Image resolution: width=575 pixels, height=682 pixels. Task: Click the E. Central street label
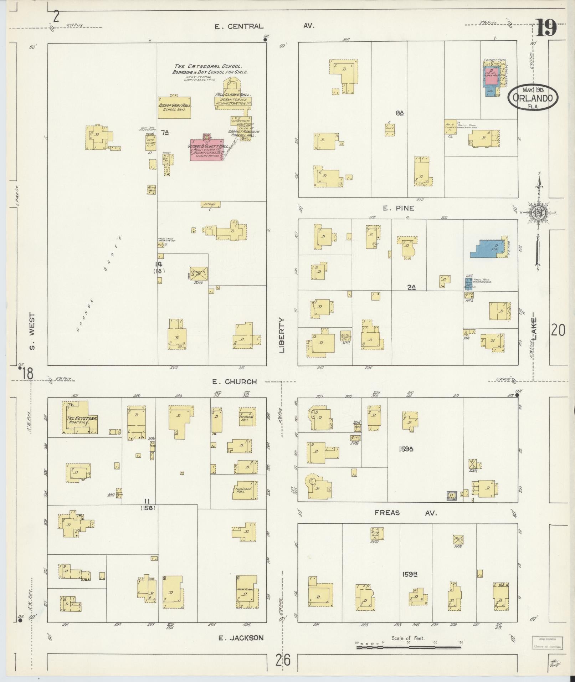[x=239, y=26]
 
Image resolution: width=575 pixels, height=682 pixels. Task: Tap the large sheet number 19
[x=546, y=28]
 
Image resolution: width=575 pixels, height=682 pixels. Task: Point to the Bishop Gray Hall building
[x=174, y=107]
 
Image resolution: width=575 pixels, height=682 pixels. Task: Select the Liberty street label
[x=282, y=335]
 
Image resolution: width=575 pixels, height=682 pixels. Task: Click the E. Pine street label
[x=399, y=208]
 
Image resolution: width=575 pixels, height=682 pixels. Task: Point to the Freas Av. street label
[x=405, y=513]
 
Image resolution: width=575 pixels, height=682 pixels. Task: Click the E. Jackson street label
[x=241, y=638]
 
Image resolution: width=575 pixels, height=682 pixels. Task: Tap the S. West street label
[x=32, y=331]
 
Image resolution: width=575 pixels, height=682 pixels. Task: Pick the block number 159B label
[x=410, y=574]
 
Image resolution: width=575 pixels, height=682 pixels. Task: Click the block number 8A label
[x=400, y=113]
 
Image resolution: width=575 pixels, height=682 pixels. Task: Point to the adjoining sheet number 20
[x=558, y=330]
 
